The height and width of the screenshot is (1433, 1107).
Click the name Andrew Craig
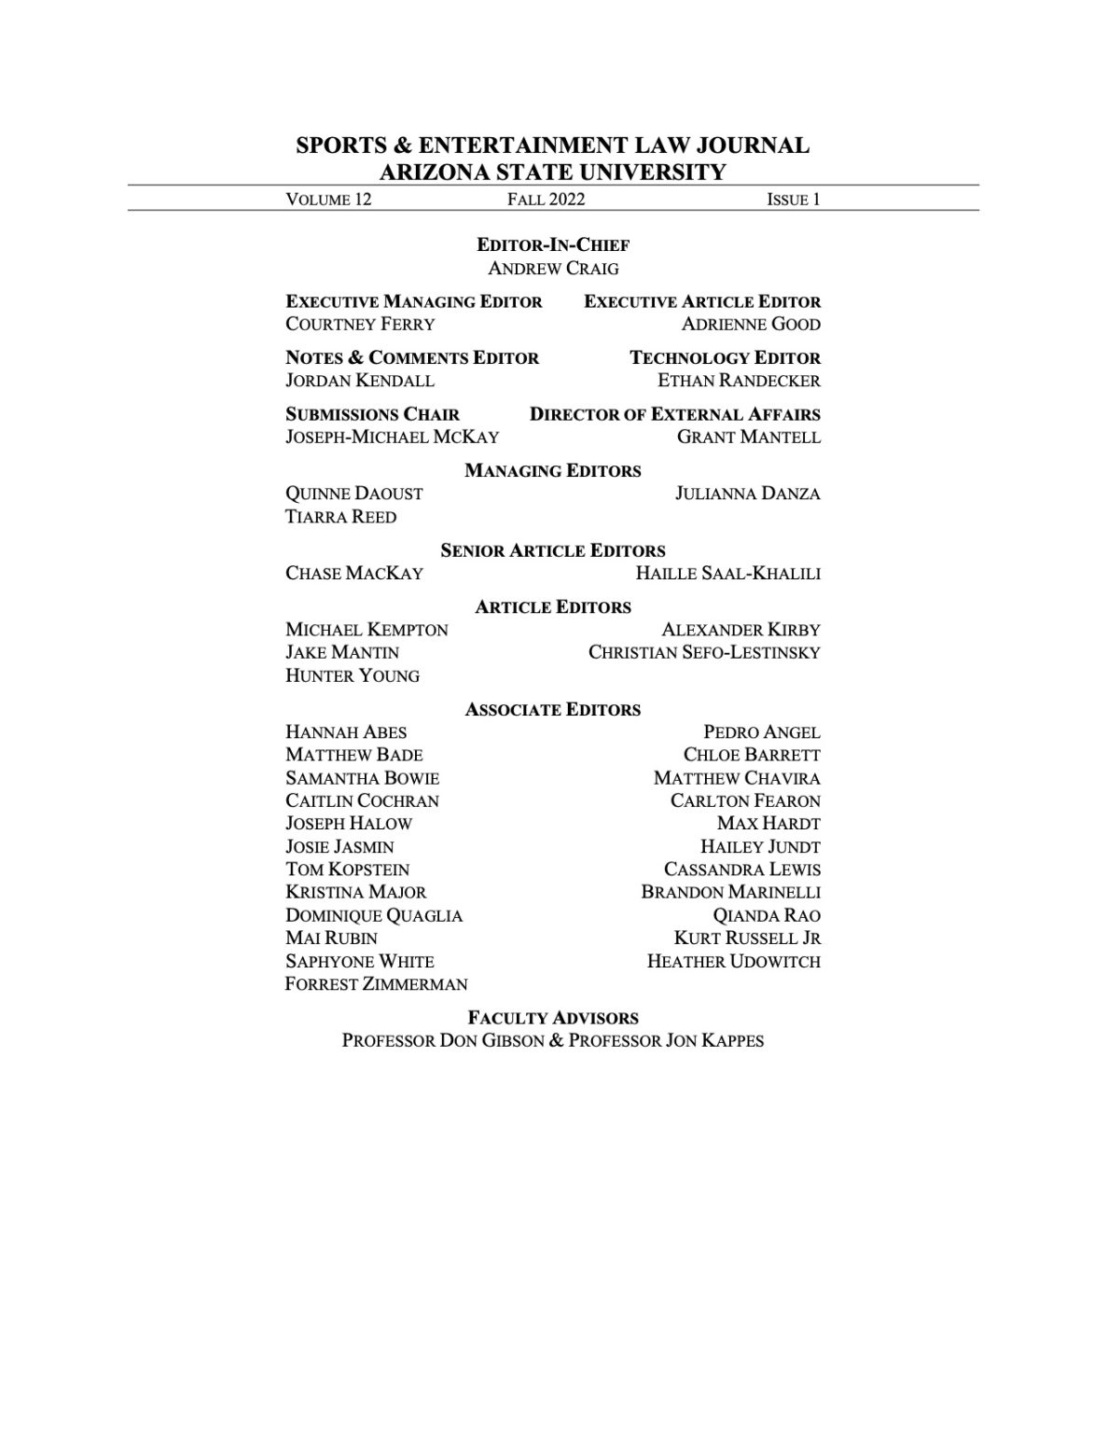553,269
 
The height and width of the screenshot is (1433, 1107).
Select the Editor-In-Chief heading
553,245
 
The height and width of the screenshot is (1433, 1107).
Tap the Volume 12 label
328,199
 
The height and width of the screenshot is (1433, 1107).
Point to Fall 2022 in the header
546,199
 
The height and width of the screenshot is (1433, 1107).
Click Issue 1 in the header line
793,199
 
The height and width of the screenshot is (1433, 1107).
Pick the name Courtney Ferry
360,325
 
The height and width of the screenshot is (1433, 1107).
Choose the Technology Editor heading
725,358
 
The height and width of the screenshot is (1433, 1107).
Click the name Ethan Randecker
739,381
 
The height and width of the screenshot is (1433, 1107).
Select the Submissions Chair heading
372,414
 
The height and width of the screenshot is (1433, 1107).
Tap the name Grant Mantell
749,438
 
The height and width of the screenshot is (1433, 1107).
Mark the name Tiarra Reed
340,517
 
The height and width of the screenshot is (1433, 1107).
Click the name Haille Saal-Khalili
727,574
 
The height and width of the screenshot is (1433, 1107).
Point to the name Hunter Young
353,675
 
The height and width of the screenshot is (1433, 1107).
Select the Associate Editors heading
553,710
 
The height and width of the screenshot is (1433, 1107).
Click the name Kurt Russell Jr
747,939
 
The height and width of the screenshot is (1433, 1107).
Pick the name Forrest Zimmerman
376,984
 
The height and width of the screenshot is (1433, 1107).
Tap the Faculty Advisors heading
553,1018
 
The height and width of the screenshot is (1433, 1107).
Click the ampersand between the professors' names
556,1040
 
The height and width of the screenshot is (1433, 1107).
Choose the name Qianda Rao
767,916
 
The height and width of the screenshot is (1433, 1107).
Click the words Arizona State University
553,172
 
